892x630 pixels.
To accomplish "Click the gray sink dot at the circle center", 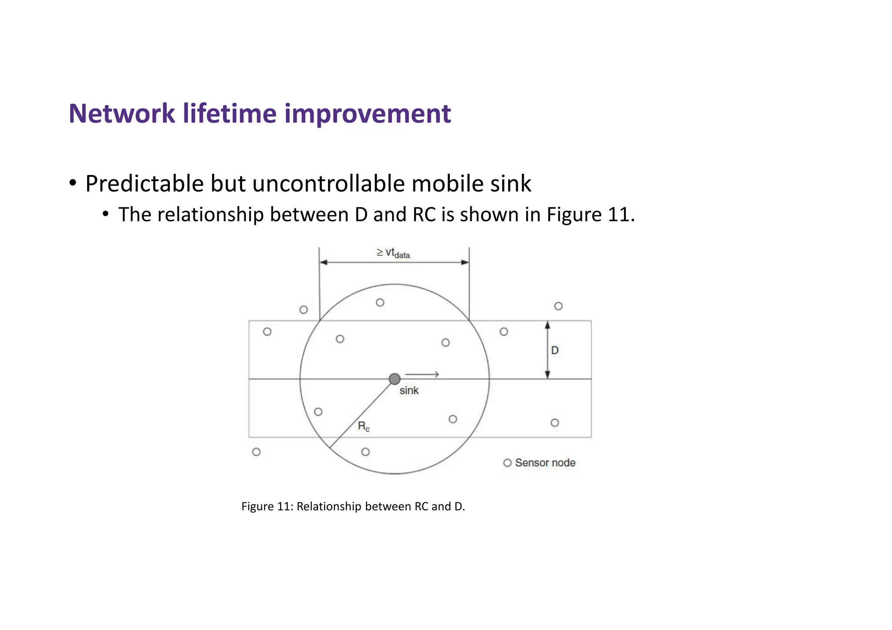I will (x=395, y=379).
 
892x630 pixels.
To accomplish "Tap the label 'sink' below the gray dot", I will (x=409, y=391).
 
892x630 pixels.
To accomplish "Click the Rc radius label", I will (x=364, y=426).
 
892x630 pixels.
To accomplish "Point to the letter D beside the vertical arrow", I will (x=555, y=350).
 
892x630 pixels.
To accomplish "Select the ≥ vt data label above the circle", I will (x=393, y=253).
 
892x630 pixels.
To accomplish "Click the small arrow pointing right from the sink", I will (x=422, y=374).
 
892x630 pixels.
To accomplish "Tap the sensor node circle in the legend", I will (x=507, y=463).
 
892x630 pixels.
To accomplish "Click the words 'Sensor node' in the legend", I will (x=545, y=463).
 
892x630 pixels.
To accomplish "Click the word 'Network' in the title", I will (x=122, y=114).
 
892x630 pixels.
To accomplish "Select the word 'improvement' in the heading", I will (x=368, y=114).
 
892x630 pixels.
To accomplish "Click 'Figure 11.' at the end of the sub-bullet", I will (x=591, y=215).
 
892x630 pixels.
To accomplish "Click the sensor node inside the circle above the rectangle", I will (x=380, y=302).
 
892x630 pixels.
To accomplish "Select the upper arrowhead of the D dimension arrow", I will (x=547, y=325).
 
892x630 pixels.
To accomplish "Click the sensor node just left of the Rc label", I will (x=318, y=412).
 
